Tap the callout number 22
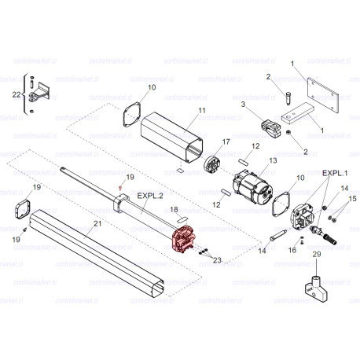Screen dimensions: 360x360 pyautogui.click(x=17, y=94)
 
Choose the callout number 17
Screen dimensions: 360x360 pyautogui.click(x=226, y=141)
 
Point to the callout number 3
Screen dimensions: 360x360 pyautogui.click(x=244, y=104)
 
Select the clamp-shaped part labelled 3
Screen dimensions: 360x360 pyautogui.click(x=269, y=123)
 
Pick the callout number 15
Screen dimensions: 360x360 pyautogui.click(x=351, y=199)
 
